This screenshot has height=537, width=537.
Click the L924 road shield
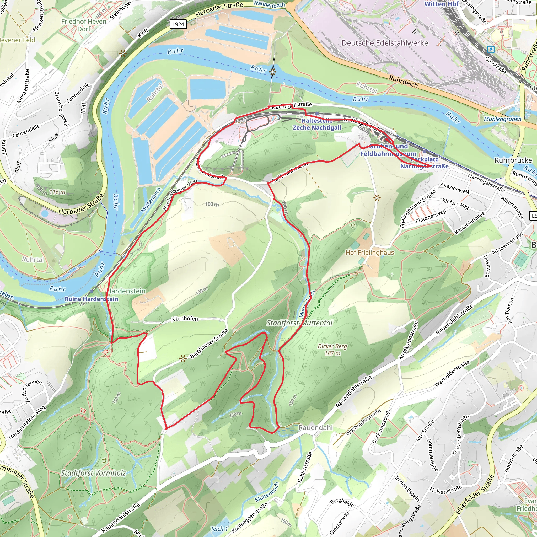pos(178,24)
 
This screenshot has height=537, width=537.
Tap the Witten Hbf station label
pos(441,4)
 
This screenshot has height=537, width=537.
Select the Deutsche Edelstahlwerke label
pos(385,43)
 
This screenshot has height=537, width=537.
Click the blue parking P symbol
pos(491,50)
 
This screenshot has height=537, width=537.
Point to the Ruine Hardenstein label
pos(92,299)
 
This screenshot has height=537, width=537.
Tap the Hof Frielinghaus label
pos(370,253)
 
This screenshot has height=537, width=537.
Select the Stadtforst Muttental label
pos(299,323)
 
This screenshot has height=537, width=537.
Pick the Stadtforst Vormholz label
pos(93,473)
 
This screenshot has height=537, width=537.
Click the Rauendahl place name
pos(315,428)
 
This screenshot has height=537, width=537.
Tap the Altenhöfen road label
pos(185,319)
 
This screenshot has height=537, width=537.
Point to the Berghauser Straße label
pos(209,344)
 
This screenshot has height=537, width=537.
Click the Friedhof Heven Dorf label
pos(84,25)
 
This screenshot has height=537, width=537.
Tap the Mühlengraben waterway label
pos(503,119)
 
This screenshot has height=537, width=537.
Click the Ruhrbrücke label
pos(513,160)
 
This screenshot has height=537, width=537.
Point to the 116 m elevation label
pos(57,192)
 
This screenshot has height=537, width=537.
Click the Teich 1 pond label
pos(219,529)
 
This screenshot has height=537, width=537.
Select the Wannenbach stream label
pos(269,4)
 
